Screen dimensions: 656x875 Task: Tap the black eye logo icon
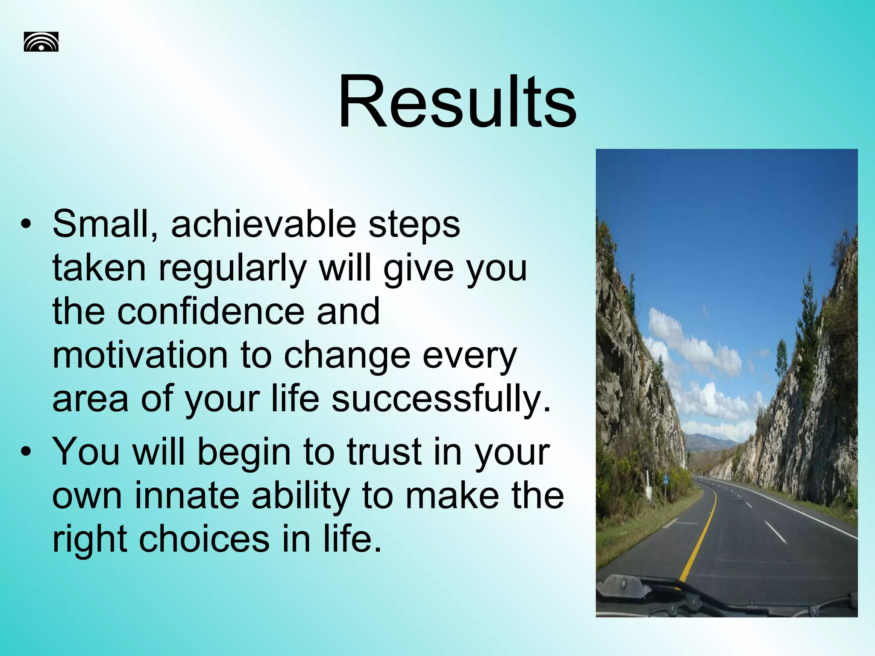click(x=41, y=42)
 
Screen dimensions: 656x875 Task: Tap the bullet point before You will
click(x=26, y=453)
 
